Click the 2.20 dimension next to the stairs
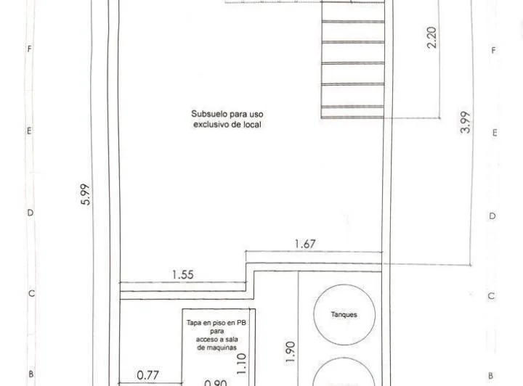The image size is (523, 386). tap(432, 37)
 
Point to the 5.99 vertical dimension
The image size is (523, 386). tap(85, 194)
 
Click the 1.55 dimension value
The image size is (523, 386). tap(182, 275)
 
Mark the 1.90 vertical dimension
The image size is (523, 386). tap(290, 350)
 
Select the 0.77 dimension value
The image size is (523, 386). tap(148, 376)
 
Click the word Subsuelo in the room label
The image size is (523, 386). tap(206, 114)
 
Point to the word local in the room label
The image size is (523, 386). tap(252, 125)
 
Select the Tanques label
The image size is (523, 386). tap(344, 315)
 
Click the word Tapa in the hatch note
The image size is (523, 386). tap(194, 321)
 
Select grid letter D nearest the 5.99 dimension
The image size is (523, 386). tap(31, 213)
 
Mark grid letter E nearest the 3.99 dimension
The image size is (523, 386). tap(494, 134)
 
